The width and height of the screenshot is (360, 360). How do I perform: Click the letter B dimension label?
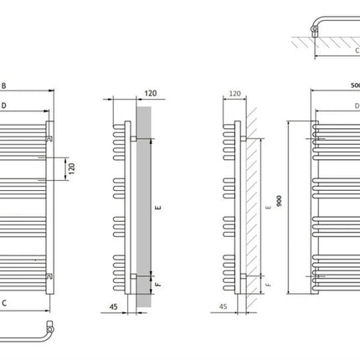click(x=3, y=85)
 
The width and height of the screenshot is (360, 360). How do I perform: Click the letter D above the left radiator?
click(x=3, y=105)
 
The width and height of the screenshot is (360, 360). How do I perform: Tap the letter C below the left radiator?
click(x=4, y=303)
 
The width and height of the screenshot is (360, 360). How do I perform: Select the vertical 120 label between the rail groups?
click(x=72, y=169)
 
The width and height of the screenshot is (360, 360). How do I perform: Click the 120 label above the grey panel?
click(x=151, y=93)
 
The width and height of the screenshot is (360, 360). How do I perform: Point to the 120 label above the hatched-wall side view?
click(x=234, y=94)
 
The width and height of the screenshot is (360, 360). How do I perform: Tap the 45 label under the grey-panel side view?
click(x=113, y=306)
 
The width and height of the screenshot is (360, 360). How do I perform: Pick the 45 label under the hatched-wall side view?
click(x=223, y=306)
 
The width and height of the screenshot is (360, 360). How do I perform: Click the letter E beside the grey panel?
click(x=158, y=208)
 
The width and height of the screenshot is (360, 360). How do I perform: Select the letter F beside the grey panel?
click(x=158, y=285)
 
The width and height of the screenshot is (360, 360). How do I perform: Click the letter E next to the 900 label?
click(x=269, y=208)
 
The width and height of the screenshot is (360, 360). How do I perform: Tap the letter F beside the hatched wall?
click(x=268, y=285)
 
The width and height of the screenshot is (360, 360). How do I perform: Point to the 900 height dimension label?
click(x=279, y=201)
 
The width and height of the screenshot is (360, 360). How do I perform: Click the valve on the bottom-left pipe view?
click(x=50, y=327)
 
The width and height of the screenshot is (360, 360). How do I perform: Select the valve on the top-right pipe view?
click(x=315, y=30)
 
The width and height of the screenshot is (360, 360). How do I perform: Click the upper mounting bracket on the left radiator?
click(x=49, y=138)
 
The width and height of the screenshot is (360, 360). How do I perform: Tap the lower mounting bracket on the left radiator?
click(x=49, y=275)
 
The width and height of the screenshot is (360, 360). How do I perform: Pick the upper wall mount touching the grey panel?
click(x=134, y=139)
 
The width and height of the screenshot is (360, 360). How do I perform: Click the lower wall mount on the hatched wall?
click(x=244, y=276)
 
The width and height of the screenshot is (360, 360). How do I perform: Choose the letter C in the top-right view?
click(x=357, y=50)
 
